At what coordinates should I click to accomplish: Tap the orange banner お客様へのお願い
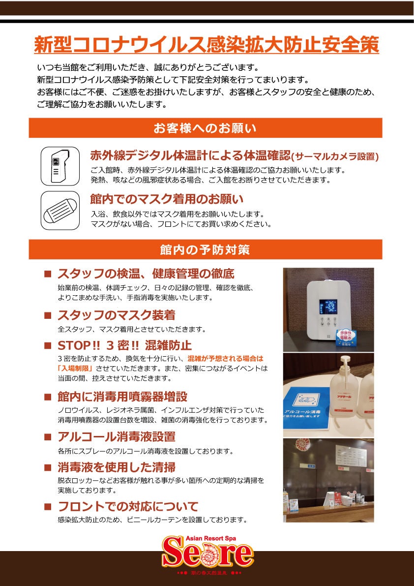[x=206, y=128]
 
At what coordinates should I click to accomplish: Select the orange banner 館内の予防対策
[x=206, y=249]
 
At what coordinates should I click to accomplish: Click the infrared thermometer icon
[x=60, y=166]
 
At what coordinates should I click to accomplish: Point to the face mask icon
[x=60, y=211]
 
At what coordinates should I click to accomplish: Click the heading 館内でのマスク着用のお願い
[x=167, y=199]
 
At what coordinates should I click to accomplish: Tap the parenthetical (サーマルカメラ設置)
[x=335, y=156]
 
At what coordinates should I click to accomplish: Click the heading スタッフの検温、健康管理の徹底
[x=146, y=274]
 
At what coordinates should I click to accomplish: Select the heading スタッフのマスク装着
[x=116, y=315]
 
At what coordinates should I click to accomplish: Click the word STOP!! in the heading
[x=74, y=344]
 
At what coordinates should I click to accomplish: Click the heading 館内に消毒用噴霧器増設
[x=122, y=396]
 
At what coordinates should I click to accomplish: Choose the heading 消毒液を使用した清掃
[x=117, y=467]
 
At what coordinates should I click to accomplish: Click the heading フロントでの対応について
[x=128, y=507]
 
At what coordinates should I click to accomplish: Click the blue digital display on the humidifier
[x=328, y=307]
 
